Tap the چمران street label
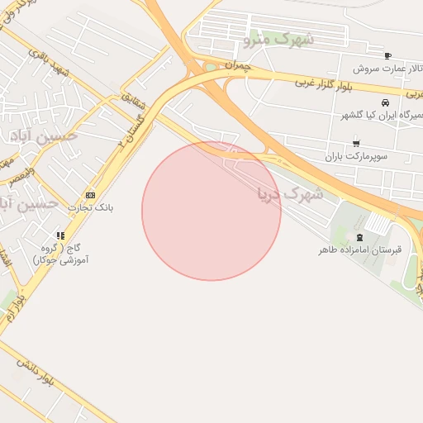[x=236, y=65]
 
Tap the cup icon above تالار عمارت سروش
[x=387, y=55]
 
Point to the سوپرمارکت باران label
[x=356, y=154]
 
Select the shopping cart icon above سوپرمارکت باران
[x=356, y=142]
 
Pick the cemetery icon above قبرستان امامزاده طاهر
[x=359, y=236]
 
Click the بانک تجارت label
[x=92, y=207]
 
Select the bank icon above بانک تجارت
[x=89, y=194]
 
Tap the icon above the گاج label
[x=60, y=236]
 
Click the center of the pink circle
[x=211, y=211]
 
